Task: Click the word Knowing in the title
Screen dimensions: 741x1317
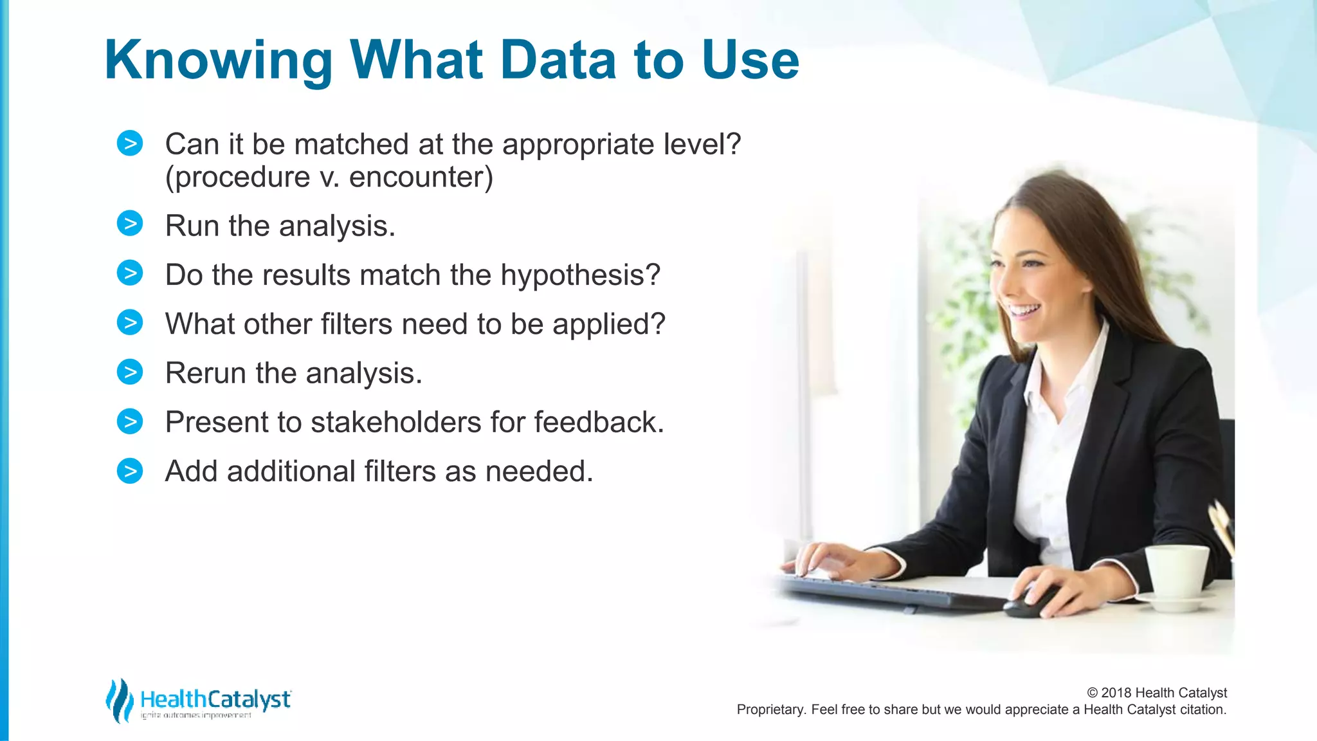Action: point(217,61)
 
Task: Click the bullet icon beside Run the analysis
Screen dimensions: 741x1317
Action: point(130,224)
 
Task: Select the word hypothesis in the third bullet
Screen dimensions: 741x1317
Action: point(580,275)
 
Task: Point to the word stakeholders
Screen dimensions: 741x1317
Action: point(395,423)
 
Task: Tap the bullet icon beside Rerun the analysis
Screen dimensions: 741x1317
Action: point(130,372)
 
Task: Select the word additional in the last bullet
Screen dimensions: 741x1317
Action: point(291,471)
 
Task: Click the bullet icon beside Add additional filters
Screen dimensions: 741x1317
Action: point(130,471)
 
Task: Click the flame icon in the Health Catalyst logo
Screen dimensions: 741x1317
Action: point(119,700)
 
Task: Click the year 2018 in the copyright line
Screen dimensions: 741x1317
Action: point(1116,693)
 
